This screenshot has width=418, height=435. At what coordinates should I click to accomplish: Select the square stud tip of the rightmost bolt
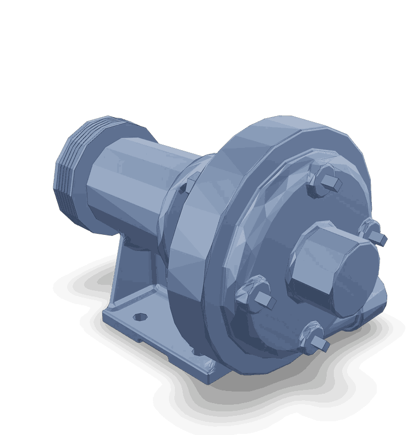tap(378, 238)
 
